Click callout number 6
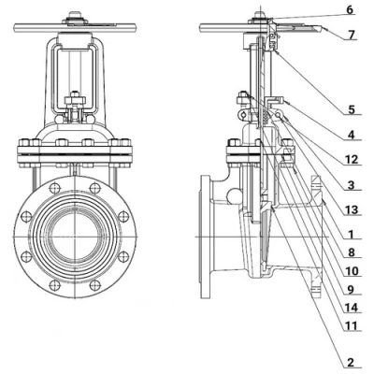pyautogui.click(x=351, y=10)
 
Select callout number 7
pyautogui.click(x=352, y=35)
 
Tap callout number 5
pyautogui.click(x=352, y=109)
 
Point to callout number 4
pyautogui.click(x=352, y=135)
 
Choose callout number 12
pyautogui.click(x=352, y=160)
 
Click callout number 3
pyautogui.click(x=352, y=185)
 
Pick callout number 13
pyautogui.click(x=352, y=209)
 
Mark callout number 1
pyautogui.click(x=352, y=234)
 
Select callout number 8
pyautogui.click(x=352, y=252)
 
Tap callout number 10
pyautogui.click(x=352, y=271)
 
